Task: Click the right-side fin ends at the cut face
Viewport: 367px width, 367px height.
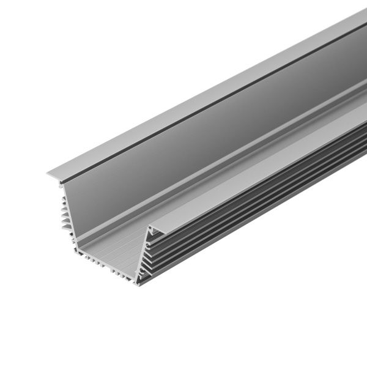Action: coord(153,257)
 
